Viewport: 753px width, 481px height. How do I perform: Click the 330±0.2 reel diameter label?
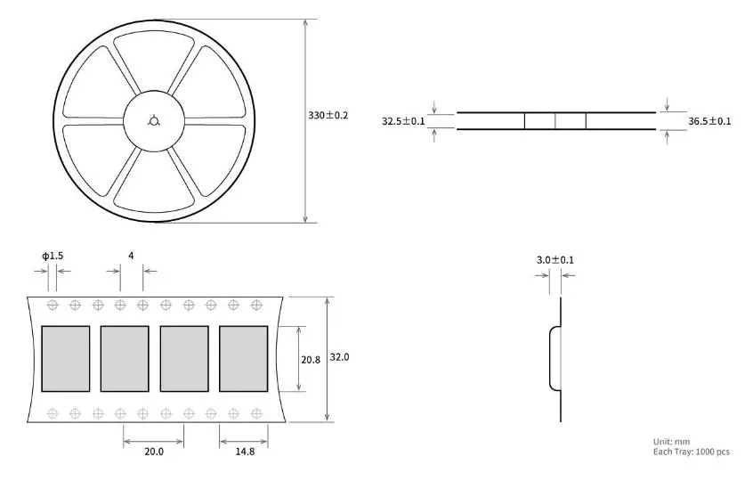pyautogui.click(x=328, y=116)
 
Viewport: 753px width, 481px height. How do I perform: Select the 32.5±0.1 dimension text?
pyautogui.click(x=403, y=121)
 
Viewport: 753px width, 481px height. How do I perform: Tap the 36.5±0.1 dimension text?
pyautogui.click(x=709, y=121)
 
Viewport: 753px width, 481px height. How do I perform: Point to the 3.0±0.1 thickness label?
pyautogui.click(x=555, y=260)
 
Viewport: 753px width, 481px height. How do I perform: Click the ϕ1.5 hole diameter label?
pyautogui.click(x=53, y=256)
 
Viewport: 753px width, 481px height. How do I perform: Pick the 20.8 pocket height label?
pyautogui.click(x=311, y=359)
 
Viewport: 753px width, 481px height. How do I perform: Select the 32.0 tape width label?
pyautogui.click(x=340, y=357)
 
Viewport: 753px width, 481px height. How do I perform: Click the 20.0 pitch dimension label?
pyautogui.click(x=154, y=452)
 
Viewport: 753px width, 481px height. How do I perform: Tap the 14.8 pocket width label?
pyautogui.click(x=245, y=452)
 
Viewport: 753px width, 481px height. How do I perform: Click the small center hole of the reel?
pyautogui.click(x=154, y=121)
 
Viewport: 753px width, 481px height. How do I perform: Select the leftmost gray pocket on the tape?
pyautogui.click(x=66, y=358)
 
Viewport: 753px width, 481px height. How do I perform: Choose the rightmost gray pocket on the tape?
pyautogui.click(x=243, y=358)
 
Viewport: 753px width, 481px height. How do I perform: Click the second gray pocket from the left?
pyautogui.click(x=125, y=358)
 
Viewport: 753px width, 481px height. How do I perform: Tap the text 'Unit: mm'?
pyautogui.click(x=671, y=442)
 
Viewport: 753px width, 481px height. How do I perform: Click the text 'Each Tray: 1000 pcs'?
pyautogui.click(x=691, y=452)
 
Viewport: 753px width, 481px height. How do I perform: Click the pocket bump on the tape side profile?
pyautogui.click(x=554, y=358)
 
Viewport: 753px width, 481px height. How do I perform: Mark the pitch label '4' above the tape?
pyautogui.click(x=131, y=256)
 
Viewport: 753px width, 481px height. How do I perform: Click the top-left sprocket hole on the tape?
pyautogui.click(x=53, y=306)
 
